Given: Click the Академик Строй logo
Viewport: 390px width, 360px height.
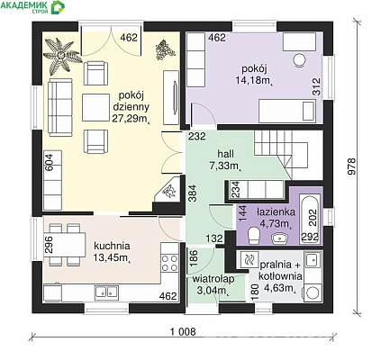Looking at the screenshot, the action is tap(32, 7).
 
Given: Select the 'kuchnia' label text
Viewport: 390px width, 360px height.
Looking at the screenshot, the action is tap(112, 246).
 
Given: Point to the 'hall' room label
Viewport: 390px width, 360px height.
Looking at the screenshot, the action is tap(226, 154).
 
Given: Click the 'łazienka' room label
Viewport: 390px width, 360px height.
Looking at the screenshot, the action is tap(276, 212).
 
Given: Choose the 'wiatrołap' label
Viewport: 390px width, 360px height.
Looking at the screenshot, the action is tap(213, 279).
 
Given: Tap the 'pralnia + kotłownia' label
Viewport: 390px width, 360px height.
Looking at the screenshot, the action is tap(280, 270).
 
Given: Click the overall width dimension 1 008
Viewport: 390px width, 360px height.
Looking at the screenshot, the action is tap(183, 331).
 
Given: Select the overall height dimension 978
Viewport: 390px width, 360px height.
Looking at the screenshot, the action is tap(351, 166).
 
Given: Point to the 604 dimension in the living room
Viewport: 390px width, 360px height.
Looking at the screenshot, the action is tap(49, 162).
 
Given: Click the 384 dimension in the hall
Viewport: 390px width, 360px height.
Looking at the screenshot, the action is tap(193, 193).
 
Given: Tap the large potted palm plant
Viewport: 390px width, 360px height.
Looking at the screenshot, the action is tap(62, 56).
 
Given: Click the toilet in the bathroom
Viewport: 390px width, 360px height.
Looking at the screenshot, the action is tap(255, 235).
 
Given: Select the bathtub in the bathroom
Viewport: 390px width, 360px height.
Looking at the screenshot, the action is tap(310, 219).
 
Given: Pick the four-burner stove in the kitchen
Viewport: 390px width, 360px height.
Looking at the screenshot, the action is tap(169, 263).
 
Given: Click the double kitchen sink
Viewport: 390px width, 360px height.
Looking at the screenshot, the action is tap(106, 292).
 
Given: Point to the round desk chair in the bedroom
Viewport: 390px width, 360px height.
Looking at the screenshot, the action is tap(299, 60).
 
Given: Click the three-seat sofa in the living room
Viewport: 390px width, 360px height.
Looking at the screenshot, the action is tap(60, 107).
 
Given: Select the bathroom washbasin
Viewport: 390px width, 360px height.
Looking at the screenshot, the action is tap(280, 238).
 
